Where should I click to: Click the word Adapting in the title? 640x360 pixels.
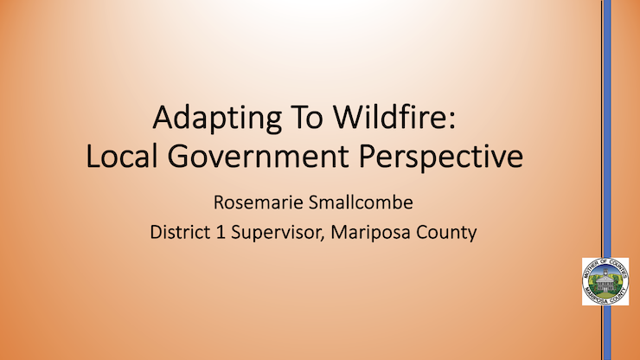(x=217, y=119)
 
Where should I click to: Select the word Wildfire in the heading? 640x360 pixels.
(x=389, y=117)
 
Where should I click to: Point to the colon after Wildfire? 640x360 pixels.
(x=451, y=121)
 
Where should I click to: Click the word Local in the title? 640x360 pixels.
(x=122, y=156)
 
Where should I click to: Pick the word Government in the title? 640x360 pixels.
(x=258, y=157)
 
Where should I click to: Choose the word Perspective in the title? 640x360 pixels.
(x=441, y=158)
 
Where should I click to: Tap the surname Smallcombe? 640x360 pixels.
(x=361, y=202)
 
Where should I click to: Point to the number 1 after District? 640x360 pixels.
(x=220, y=232)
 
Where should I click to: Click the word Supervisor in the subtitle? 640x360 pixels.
(x=276, y=233)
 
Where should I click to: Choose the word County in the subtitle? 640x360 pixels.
(x=446, y=233)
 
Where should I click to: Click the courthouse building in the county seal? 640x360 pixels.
(x=605, y=283)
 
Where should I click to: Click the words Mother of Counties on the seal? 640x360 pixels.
(x=605, y=264)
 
